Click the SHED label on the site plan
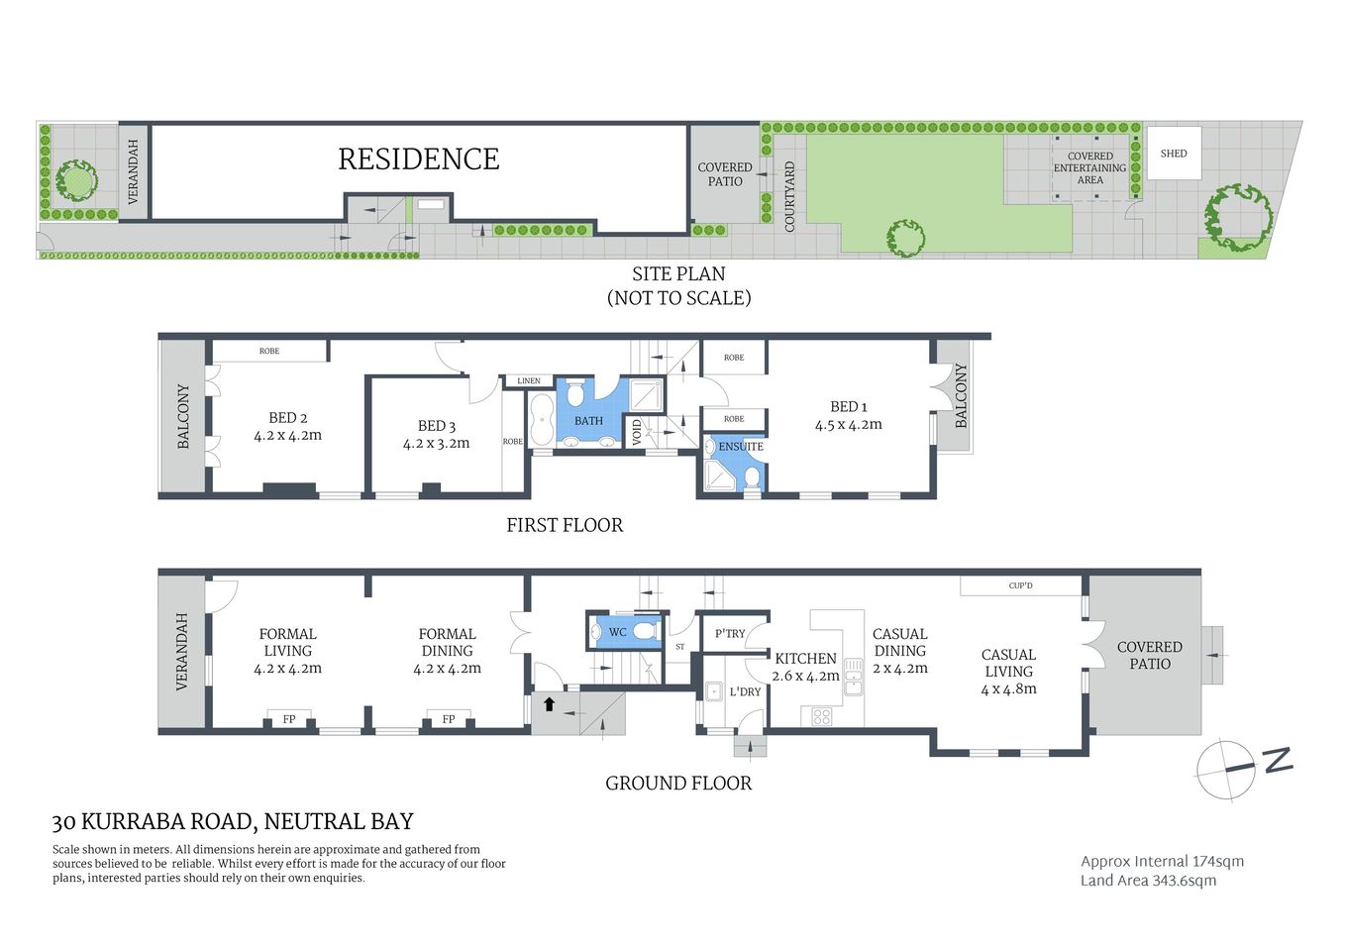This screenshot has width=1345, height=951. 1173,154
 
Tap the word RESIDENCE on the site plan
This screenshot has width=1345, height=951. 418,159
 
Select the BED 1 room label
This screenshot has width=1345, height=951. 848,406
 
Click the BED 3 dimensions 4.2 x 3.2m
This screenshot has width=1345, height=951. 436,444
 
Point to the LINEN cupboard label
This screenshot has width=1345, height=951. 529,380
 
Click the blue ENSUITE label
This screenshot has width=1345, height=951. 741,447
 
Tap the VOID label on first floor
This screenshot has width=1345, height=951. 637,432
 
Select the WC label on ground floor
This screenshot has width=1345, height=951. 617,632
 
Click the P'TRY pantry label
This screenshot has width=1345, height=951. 730,634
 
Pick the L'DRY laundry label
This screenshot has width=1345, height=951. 745,691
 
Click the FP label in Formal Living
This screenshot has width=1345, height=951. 289,719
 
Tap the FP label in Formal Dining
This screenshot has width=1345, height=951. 449,719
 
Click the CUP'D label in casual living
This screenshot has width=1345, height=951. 1020,585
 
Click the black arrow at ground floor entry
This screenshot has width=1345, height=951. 549,705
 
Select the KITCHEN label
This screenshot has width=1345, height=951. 805,659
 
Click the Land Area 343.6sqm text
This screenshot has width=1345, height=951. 1148,881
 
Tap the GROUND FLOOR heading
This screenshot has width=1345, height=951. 678,784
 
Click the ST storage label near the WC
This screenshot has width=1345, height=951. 679,647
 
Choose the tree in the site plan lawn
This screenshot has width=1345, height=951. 905,238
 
